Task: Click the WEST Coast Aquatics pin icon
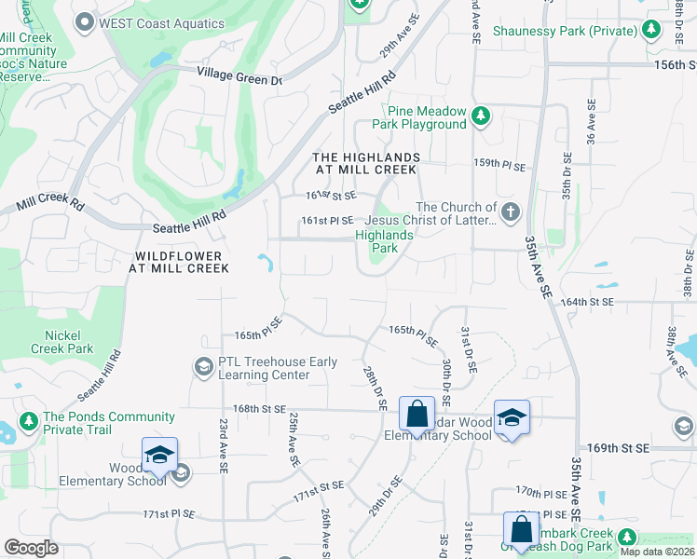pos(86,21)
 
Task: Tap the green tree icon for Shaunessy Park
pos(651,32)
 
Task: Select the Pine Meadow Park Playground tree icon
pos(480,116)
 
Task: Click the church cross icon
pos(510,212)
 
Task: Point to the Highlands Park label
pos(383,242)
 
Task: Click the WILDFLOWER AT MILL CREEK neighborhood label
pos(181,262)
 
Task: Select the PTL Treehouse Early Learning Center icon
pos(202,367)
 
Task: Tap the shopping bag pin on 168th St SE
pos(417,413)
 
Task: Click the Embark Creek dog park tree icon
pos(627,538)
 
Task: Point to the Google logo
pos(32,548)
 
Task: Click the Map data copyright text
pos(658,552)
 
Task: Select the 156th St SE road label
pos(676,65)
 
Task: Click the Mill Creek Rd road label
pos(50,203)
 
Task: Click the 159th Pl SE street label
pos(500,164)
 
